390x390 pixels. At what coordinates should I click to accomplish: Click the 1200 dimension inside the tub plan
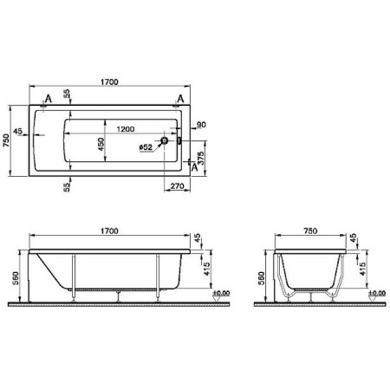[x=125, y=128]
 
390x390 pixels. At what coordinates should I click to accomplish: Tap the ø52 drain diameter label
[x=146, y=147]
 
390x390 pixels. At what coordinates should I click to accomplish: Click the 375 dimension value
[x=201, y=158]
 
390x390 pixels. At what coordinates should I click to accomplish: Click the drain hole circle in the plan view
[x=163, y=140]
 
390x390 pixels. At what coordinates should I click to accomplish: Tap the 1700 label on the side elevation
[x=109, y=231]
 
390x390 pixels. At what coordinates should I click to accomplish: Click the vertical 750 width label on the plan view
[x=7, y=140]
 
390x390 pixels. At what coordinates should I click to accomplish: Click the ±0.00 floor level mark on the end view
[x=375, y=295]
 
